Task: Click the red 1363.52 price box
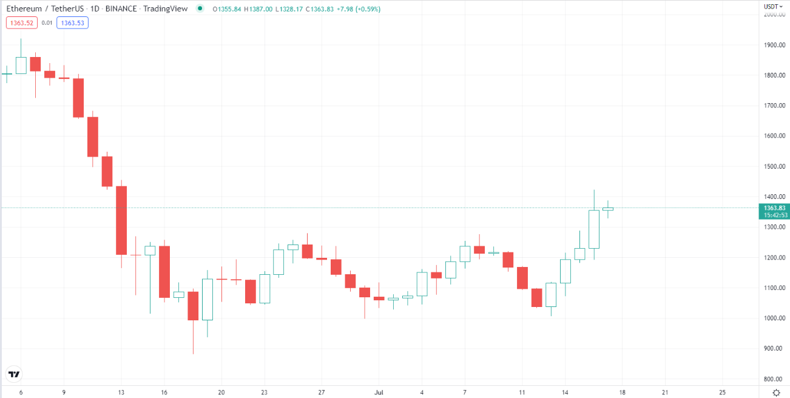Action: [21, 23]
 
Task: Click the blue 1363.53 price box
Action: [72, 23]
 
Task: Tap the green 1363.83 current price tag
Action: [773, 208]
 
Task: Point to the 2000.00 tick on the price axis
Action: [774, 15]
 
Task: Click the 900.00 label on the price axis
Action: [774, 348]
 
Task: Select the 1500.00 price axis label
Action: [774, 166]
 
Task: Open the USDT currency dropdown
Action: [773, 6]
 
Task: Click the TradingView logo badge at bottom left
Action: [14, 374]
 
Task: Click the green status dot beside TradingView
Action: [200, 8]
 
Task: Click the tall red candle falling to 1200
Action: [121, 220]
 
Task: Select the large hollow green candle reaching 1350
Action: [593, 229]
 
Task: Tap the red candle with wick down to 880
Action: [193, 305]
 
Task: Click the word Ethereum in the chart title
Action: [24, 8]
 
